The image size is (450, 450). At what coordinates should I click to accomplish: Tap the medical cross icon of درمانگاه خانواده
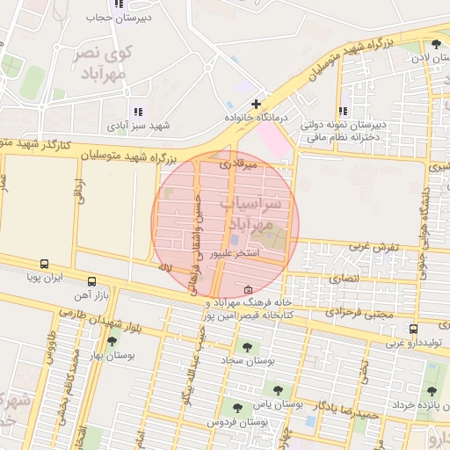coord(256,104)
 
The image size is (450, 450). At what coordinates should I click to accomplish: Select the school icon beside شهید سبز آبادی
coord(136,112)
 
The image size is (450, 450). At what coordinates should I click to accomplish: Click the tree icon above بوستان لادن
coord(436,44)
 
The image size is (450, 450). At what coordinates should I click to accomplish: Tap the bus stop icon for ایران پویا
coord(44,264)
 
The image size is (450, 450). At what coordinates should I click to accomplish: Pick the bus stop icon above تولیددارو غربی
coord(413,330)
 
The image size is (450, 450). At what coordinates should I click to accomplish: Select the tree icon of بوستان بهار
coord(112,342)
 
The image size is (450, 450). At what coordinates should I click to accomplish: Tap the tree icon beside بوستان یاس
coord(278,390)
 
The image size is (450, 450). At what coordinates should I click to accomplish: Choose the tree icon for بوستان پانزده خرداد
coord(431,391)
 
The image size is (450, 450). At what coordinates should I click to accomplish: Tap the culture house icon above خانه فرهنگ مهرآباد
coord(247,289)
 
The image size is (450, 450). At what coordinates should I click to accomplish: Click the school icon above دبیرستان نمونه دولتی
coord(342,112)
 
